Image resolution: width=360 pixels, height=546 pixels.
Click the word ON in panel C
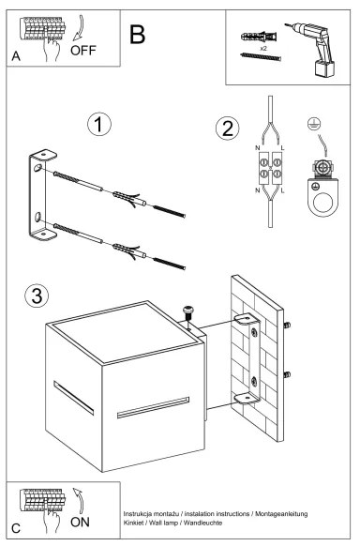[80, 522]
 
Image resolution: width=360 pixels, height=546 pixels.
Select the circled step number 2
[225, 129]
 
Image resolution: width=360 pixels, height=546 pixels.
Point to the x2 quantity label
[263, 45]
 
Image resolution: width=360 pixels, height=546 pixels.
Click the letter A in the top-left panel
[16, 56]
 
